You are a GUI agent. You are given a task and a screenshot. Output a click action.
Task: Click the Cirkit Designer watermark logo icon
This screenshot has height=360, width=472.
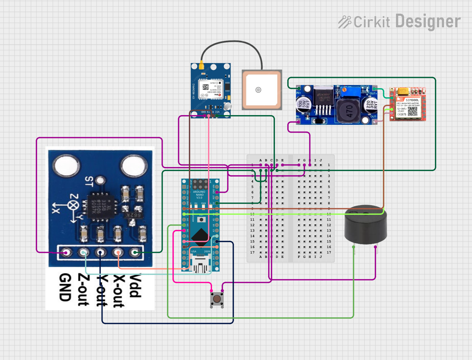point(344,22)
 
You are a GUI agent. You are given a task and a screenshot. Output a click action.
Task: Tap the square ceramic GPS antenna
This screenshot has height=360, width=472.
point(262,90)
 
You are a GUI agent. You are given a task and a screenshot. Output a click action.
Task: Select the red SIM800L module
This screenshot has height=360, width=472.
point(408,104)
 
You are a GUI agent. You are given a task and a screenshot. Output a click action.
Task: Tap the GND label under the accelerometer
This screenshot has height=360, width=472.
point(65,288)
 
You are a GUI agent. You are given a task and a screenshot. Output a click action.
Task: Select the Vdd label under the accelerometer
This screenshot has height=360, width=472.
point(136,286)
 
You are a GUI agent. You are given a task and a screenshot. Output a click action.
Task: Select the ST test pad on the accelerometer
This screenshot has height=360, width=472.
point(101,181)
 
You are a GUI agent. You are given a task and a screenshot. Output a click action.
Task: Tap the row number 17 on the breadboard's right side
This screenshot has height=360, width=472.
point(329,252)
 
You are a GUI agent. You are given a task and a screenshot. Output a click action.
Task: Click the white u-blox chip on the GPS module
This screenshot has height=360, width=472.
point(210,89)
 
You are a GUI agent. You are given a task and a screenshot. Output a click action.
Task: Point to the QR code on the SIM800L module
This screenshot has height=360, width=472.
point(413,111)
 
